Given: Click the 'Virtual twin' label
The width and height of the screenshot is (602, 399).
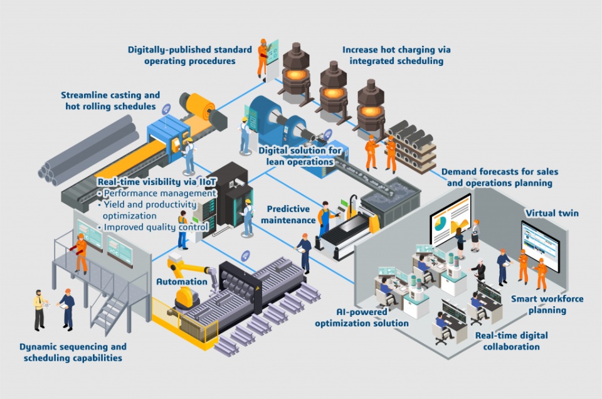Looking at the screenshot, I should coord(552,213).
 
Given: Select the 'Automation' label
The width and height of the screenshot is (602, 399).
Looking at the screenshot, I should coord(181,282).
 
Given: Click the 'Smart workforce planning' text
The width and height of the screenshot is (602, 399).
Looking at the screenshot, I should coord(539,305).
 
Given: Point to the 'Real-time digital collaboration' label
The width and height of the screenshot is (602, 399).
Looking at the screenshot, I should coord(507,341).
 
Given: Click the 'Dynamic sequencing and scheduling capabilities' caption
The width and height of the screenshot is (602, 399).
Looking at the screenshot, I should coord(73,352).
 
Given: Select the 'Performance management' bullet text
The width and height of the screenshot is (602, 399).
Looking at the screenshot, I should coord(160,193).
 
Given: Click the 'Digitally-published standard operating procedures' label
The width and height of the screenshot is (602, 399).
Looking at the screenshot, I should coord(189,55).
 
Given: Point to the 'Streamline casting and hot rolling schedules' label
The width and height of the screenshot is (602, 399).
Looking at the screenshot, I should coord(110,100).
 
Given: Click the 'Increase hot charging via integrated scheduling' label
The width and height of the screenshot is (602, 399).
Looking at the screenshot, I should coord(396,55).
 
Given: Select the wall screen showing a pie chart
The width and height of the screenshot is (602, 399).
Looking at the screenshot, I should coord(450,219).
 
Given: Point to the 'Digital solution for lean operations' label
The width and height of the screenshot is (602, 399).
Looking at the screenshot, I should coord(300,156).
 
